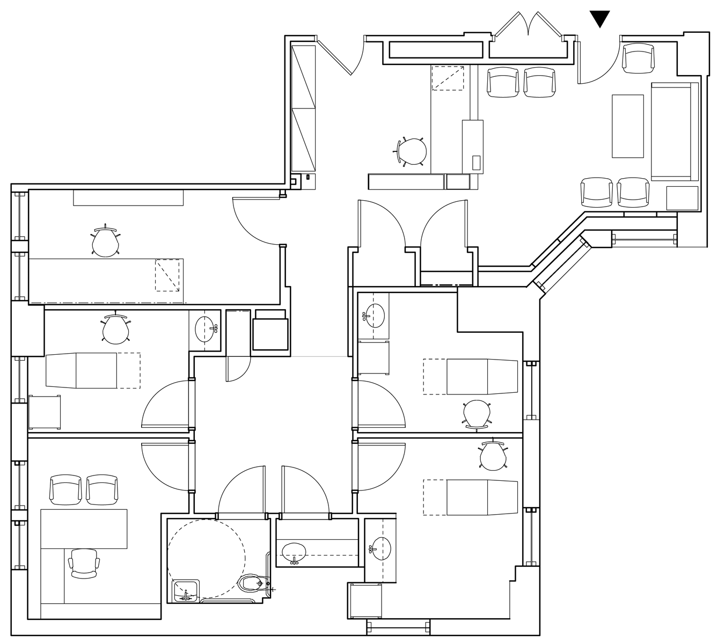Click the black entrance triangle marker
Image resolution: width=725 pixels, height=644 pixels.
pyautogui.click(x=600, y=19)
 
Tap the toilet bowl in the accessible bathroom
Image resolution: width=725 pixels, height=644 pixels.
pyautogui.click(x=252, y=583)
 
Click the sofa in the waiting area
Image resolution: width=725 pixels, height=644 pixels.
pyautogui.click(x=675, y=132)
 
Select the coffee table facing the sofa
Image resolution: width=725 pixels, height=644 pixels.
pyautogui.click(x=628, y=126)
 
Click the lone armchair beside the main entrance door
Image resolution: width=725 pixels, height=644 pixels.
pyautogui.click(x=639, y=58)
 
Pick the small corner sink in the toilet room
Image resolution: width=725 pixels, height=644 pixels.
pyautogui.click(x=186, y=590)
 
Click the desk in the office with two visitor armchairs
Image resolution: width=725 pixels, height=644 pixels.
pyautogui.click(x=84, y=529)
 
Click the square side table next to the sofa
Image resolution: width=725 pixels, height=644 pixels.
pyautogui.click(x=682, y=197)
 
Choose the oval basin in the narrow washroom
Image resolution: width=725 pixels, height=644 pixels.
pyautogui.click(x=294, y=551)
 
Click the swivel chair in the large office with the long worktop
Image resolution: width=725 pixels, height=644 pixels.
pyautogui.click(x=105, y=241)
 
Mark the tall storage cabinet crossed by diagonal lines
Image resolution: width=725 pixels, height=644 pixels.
pyautogui.click(x=304, y=108)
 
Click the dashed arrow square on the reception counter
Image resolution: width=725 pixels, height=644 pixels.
pyautogui.click(x=448, y=78)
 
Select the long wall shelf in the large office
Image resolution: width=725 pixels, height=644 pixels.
pyautogui.click(x=128, y=197)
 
